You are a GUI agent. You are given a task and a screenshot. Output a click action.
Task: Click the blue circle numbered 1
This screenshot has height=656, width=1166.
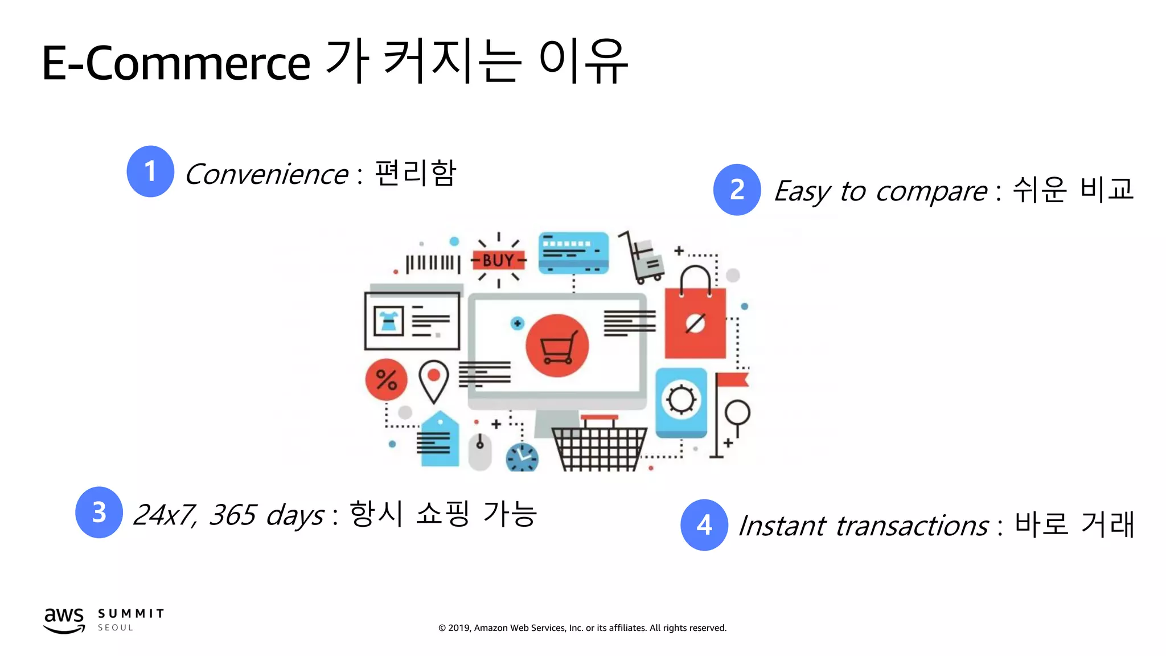150,171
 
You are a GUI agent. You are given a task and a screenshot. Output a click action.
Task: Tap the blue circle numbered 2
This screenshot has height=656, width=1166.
737,190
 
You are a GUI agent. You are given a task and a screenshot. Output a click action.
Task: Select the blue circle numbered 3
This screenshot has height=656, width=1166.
99,512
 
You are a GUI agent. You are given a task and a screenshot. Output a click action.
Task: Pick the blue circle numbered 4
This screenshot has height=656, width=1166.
704,525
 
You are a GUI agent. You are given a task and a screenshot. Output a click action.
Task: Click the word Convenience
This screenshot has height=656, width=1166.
266,174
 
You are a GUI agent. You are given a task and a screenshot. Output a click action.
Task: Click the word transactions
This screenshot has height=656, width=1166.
912,526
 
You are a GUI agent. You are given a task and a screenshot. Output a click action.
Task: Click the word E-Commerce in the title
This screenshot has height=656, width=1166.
176,63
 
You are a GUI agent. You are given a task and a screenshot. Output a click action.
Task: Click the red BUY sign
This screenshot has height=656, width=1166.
498,261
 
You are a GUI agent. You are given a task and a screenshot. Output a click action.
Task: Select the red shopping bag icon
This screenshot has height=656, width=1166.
695,322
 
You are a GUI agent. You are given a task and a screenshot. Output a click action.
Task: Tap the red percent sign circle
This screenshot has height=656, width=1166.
386,380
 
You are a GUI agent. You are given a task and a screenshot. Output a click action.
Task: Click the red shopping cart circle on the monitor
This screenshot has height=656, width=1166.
557,346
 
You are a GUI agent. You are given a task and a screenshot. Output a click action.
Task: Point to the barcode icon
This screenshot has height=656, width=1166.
433,264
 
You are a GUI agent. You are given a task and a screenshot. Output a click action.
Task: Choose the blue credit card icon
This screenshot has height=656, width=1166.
573,252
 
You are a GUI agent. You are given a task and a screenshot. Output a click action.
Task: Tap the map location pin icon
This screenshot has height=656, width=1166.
434,381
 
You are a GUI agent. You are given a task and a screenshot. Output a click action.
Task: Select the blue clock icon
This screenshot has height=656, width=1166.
522,457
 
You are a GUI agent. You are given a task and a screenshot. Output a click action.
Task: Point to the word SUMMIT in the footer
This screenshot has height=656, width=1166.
131,614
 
